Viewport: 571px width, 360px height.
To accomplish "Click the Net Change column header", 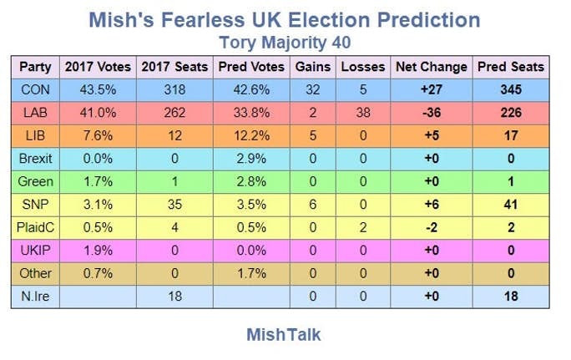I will pos(432,67).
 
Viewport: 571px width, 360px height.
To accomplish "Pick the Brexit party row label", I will pos(36,158).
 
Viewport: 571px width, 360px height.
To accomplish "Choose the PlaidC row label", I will pos(36,227).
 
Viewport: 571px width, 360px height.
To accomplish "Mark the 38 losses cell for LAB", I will pos(363,113).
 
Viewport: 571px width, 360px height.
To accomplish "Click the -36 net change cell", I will pos(432,113).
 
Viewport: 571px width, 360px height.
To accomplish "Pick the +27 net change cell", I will pos(432,89).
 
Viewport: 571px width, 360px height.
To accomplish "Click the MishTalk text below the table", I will pos(284,335).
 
